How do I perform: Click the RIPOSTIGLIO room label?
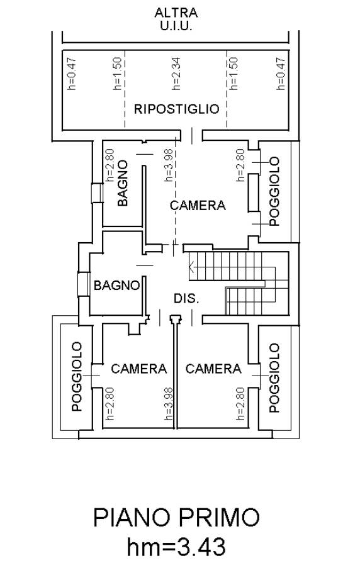click(176, 109)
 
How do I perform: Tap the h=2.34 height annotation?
click(176, 74)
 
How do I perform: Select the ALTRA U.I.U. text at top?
click(176, 20)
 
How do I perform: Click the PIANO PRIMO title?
click(176, 518)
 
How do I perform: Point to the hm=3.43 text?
click(176, 547)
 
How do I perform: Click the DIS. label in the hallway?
click(186, 299)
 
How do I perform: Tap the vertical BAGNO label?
click(123, 183)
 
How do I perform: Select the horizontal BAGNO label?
click(116, 285)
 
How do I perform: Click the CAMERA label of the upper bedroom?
click(198, 205)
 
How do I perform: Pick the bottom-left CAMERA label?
click(138, 369)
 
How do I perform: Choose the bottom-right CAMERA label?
click(213, 369)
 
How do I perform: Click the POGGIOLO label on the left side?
click(77, 377)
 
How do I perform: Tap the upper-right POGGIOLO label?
click(274, 191)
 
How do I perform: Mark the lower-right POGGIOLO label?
click(274, 377)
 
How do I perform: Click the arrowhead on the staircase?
click(191, 266)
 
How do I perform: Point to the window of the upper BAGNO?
click(97, 193)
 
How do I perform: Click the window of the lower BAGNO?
click(84, 284)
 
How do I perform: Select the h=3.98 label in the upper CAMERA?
click(168, 165)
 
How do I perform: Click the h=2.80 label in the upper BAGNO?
click(110, 165)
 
